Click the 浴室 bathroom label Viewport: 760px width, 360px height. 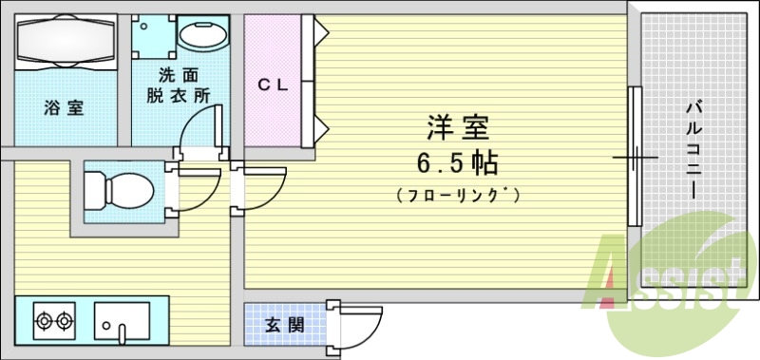point(63,107)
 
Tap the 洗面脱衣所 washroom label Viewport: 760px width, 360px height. point(179,85)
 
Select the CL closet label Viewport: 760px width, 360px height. point(274,84)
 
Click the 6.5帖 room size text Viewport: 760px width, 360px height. point(457,163)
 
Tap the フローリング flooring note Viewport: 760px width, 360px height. point(457,196)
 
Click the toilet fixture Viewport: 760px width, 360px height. point(119,189)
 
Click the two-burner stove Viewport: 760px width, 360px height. point(55,321)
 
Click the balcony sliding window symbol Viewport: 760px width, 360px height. point(633,156)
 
